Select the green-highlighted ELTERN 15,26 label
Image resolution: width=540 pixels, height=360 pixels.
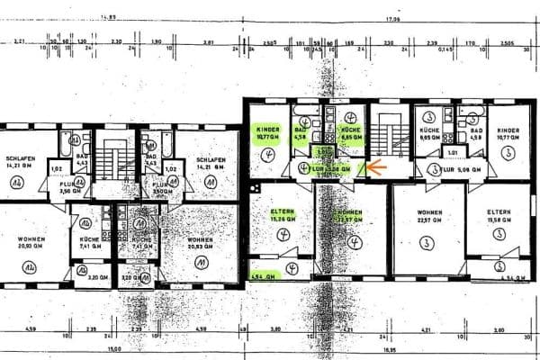click(x=283, y=217)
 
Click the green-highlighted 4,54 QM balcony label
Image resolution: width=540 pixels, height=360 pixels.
click(x=263, y=275)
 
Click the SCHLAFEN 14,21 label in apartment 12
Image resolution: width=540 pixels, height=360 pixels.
click(x=19, y=162)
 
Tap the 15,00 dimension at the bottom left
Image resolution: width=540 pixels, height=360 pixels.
click(x=112, y=349)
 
